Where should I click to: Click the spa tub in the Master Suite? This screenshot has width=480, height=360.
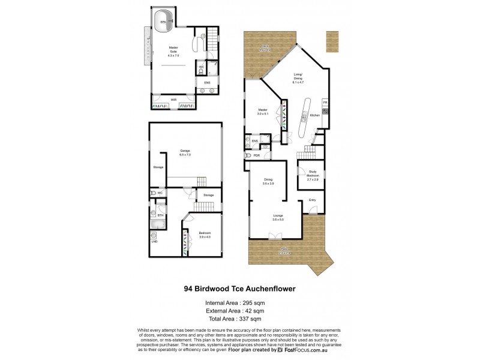coord(163,22)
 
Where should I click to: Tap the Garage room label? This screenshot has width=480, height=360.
coord(185,153)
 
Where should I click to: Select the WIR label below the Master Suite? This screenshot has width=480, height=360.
coord(173,99)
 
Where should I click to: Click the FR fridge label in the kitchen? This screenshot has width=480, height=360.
coord(326,103)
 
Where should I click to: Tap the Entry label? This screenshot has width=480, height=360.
coord(312,200)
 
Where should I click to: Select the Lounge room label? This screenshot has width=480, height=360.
coord(278,217)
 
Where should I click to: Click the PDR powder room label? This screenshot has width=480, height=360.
coord(257,155)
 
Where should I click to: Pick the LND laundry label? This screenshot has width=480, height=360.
coord(155,242)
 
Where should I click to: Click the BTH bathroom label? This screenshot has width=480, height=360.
coord(161,215)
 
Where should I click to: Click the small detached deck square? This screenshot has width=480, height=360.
coord(332,41)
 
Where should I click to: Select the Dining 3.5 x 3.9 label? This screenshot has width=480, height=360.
coord(269,182)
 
